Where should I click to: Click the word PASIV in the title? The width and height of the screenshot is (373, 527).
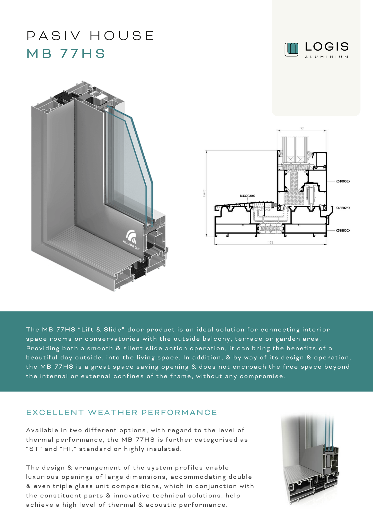coord(54,36)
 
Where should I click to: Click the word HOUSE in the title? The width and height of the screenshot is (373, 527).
coord(122,36)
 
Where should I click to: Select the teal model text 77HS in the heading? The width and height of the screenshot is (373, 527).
coord(83,53)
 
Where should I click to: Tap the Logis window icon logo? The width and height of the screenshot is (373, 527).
coord(291,50)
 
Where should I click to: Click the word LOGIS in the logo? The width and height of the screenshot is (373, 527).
coord(327,47)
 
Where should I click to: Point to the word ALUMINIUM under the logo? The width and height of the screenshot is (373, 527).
coord(327,57)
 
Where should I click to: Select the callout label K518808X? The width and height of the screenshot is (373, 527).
coord(343,181)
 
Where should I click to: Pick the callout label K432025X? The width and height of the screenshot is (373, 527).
coord(343,208)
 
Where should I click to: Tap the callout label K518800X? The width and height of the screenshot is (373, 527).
coord(343,231)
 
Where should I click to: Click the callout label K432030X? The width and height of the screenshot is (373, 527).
coord(247,196)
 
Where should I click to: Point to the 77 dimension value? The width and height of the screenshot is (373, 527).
coord(302,129)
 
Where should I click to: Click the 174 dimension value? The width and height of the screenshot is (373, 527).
coord(271,242)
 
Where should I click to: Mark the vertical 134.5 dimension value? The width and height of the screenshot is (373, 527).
coord(204,193)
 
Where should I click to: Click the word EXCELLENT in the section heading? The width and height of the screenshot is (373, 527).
coord(55,412)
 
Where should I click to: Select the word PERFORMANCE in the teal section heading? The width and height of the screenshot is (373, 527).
coord(179,412)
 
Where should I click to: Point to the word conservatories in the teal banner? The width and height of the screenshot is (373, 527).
coord(112,339)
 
